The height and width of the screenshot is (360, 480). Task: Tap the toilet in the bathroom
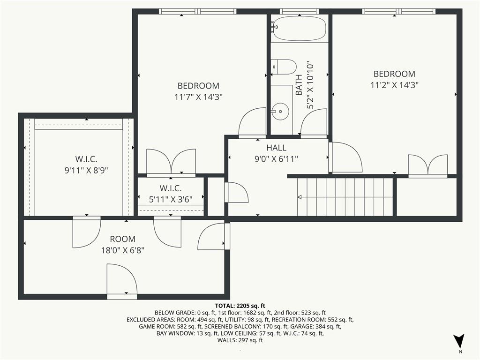tap(284, 67)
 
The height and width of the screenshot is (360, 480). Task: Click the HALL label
tap(277, 148)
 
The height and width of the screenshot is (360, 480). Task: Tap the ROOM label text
tap(122, 239)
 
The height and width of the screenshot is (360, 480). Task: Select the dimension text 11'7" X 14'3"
tap(198, 97)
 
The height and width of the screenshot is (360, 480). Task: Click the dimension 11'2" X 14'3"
tap(394, 85)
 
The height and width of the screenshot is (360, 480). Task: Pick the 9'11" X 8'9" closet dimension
tap(86, 170)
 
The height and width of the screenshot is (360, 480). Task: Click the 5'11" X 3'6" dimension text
tap(171, 200)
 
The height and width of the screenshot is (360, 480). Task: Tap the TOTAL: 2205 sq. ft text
tap(240, 306)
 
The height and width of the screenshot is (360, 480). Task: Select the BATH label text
tap(299, 85)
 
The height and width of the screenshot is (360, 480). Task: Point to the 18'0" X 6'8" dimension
tap(122, 251)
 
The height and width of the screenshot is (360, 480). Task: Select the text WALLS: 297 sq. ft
tap(240, 340)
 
